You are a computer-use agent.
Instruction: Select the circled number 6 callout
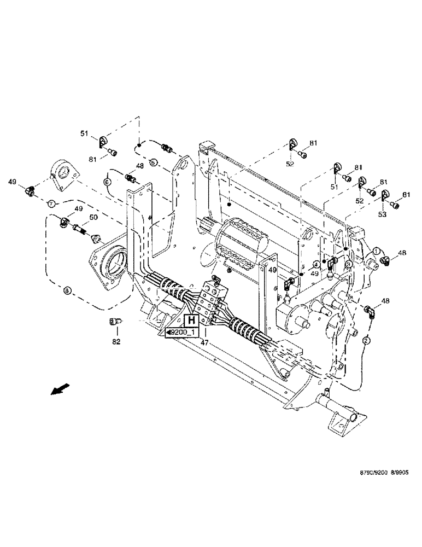107,181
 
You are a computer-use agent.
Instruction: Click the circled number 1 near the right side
377,250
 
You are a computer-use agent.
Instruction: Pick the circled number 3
348,264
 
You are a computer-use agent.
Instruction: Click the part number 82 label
115,341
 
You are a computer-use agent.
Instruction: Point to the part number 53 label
382,215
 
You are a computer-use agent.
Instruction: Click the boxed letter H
191,321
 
